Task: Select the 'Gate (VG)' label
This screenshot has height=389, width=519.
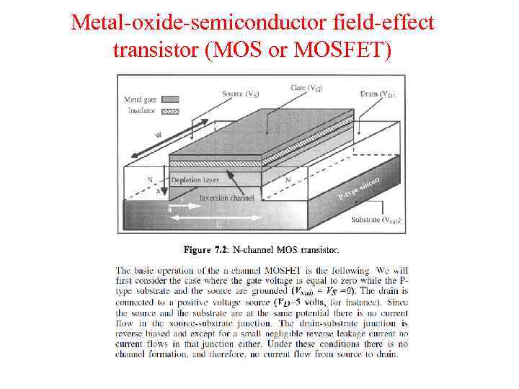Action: coord(307,88)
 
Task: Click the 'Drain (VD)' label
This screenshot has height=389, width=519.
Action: coord(378,94)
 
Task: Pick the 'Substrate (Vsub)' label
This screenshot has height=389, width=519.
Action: coord(375,219)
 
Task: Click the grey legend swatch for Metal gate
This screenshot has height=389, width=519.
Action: coord(171,99)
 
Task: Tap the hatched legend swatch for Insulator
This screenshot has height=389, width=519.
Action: coord(171,111)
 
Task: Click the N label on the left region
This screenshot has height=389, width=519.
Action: coord(150,179)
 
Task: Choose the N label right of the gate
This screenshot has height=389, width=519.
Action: coord(288,179)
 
